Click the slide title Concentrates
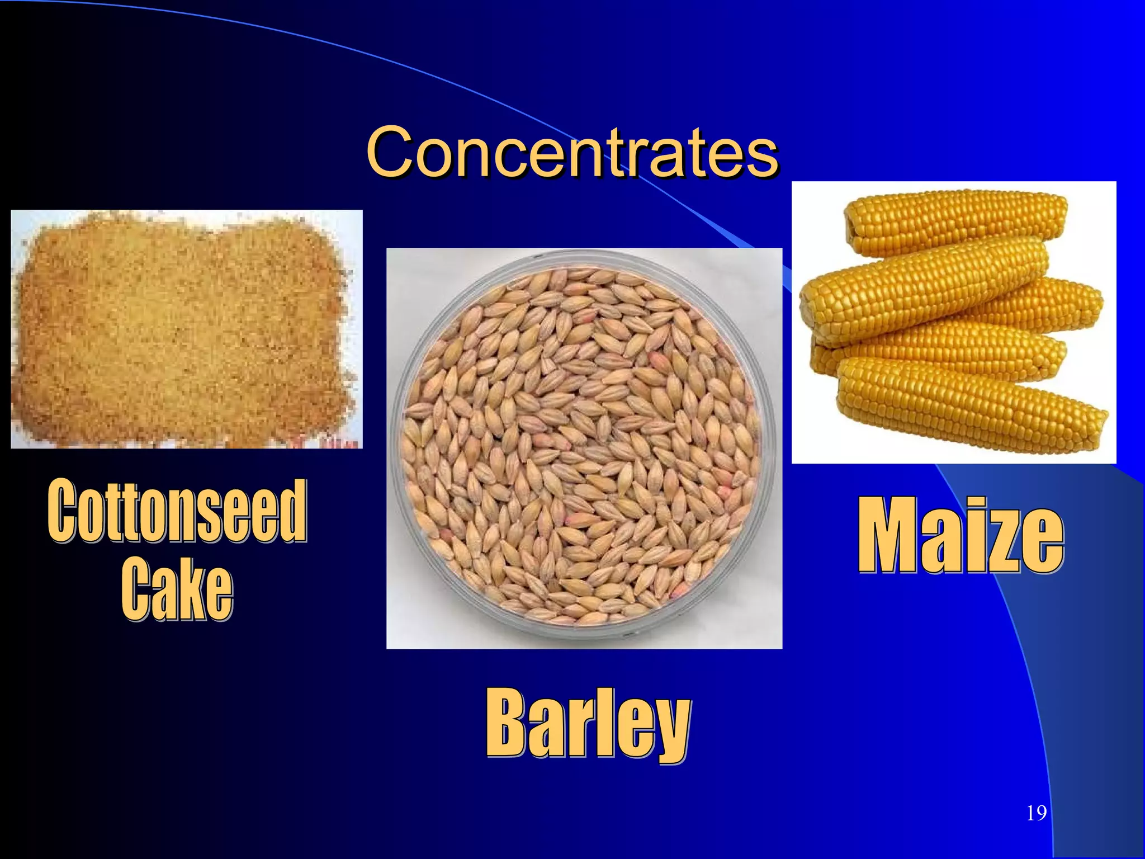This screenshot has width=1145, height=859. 572,151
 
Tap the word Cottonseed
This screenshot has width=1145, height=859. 177,511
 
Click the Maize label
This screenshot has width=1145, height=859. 961,535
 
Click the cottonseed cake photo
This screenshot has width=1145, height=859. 186,329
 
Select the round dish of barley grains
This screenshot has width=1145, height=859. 584,447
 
